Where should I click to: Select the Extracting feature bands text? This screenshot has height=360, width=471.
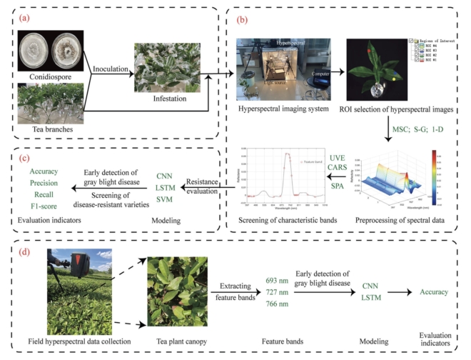coord(235,291)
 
